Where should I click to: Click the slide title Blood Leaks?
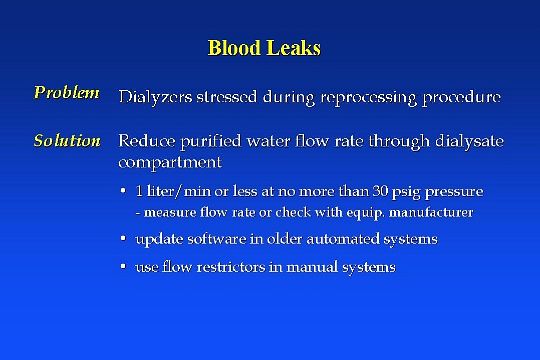(264, 47)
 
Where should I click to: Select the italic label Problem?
(66, 93)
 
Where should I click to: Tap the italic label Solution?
(67, 141)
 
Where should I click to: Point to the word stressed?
(225, 97)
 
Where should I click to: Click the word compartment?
(170, 161)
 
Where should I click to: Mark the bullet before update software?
(122, 240)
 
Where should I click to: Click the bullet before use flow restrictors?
(122, 268)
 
